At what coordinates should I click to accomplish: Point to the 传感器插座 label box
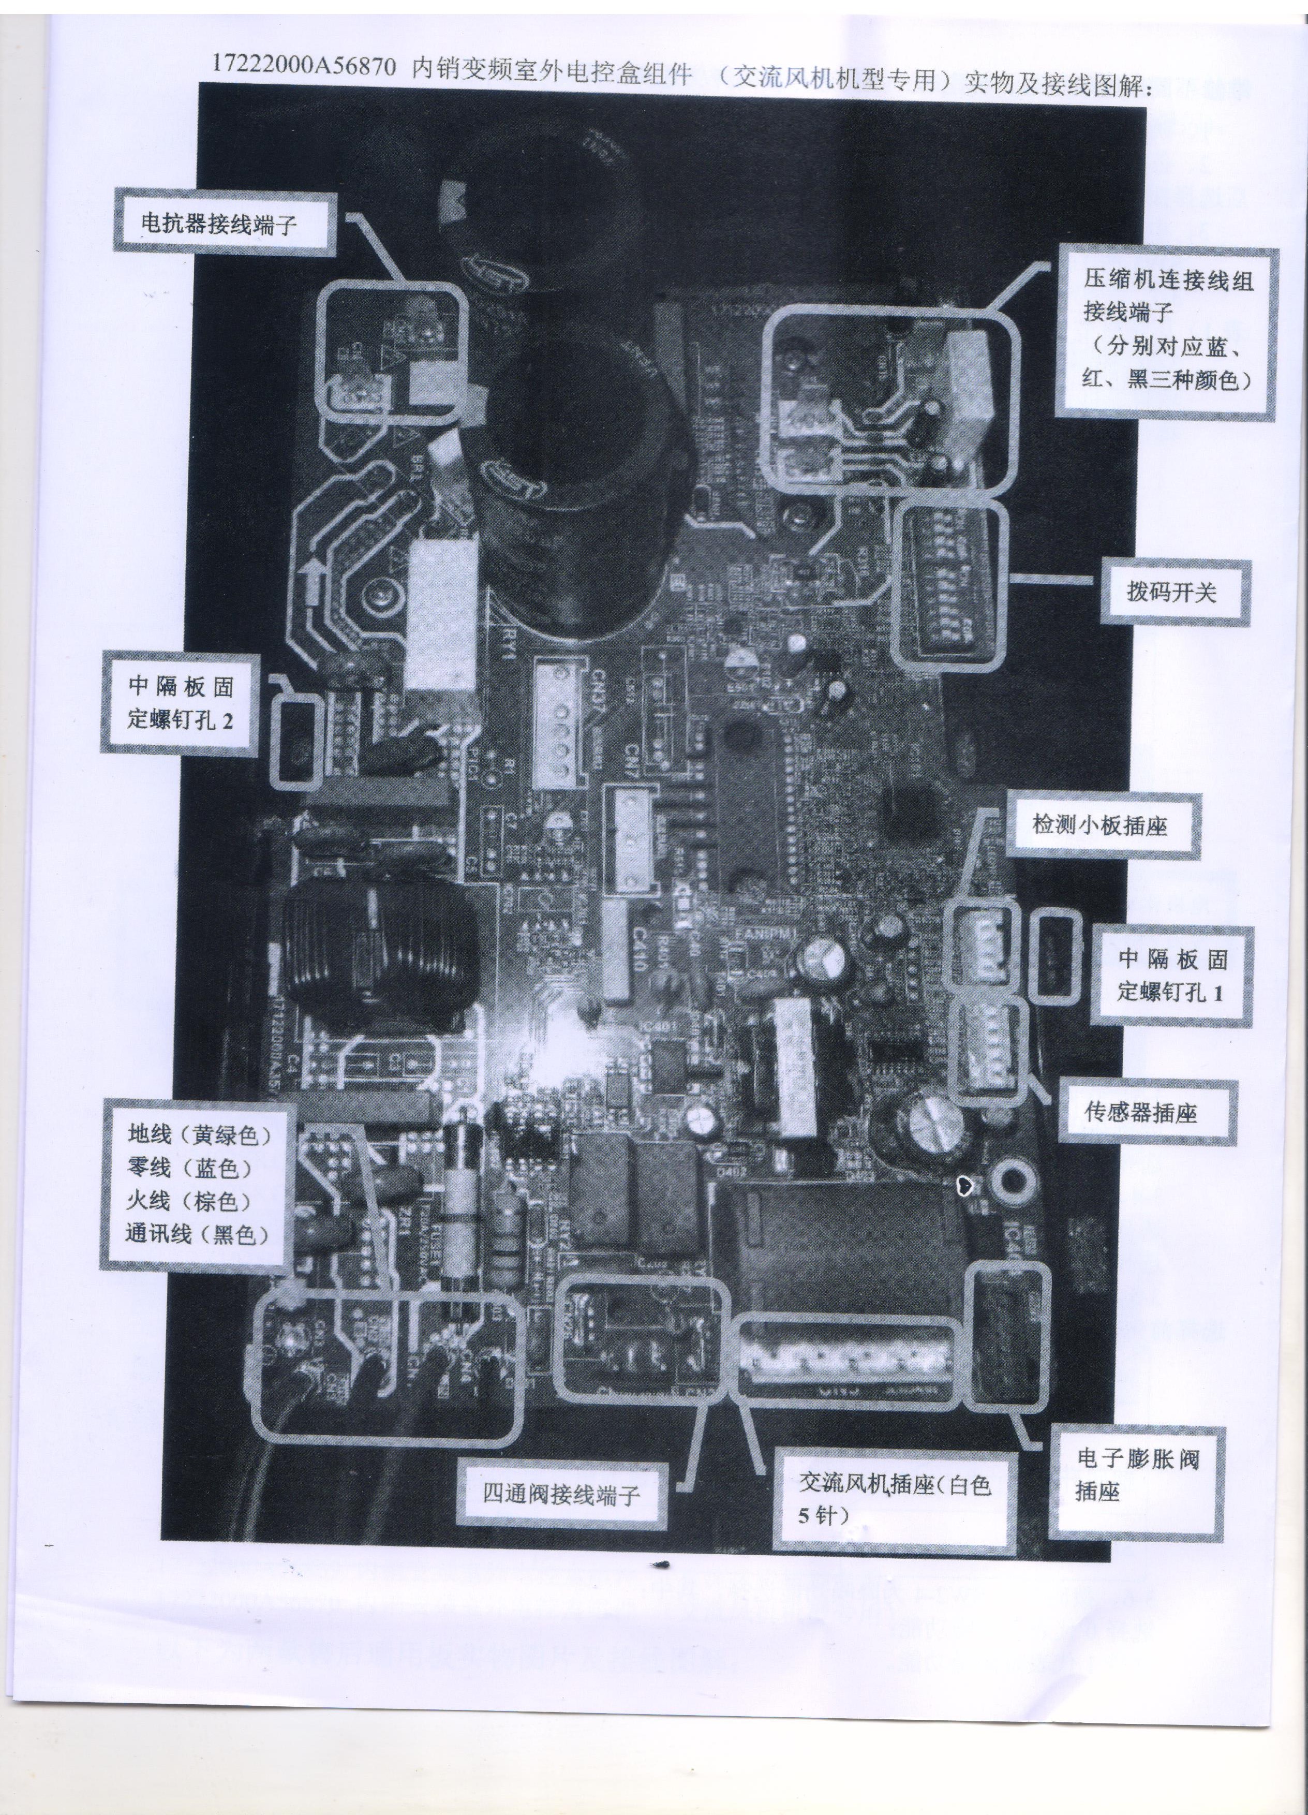1140,1112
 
